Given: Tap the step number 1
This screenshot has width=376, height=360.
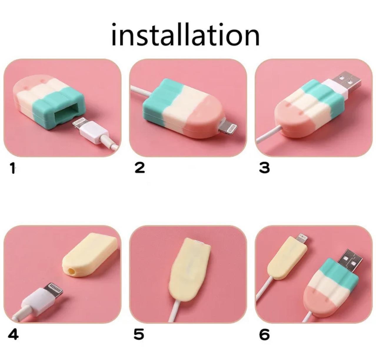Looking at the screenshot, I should (13, 168).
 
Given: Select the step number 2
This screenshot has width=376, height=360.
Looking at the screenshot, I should (140, 168).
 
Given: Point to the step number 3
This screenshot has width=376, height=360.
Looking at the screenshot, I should (264, 168).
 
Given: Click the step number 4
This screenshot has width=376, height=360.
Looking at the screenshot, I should (13, 334).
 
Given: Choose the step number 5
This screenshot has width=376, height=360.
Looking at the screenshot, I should (139, 334).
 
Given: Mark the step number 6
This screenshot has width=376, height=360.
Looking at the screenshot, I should (264, 334).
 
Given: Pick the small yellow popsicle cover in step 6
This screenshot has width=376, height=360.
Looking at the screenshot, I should (284, 259).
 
